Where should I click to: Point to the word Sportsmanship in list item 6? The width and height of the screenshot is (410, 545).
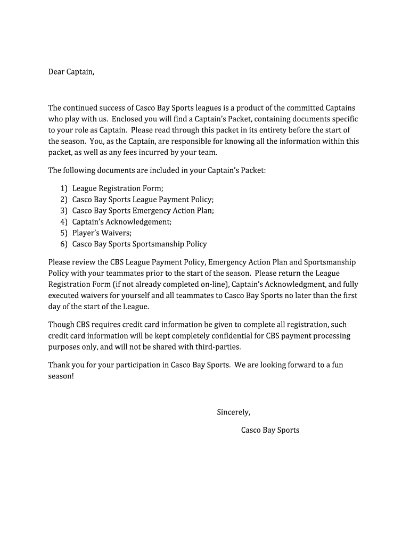(x=159, y=244)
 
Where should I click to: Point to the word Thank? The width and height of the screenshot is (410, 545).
(x=59, y=365)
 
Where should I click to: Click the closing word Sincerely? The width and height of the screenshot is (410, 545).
(x=233, y=412)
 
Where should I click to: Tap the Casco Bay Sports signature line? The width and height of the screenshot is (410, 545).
(x=270, y=430)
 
